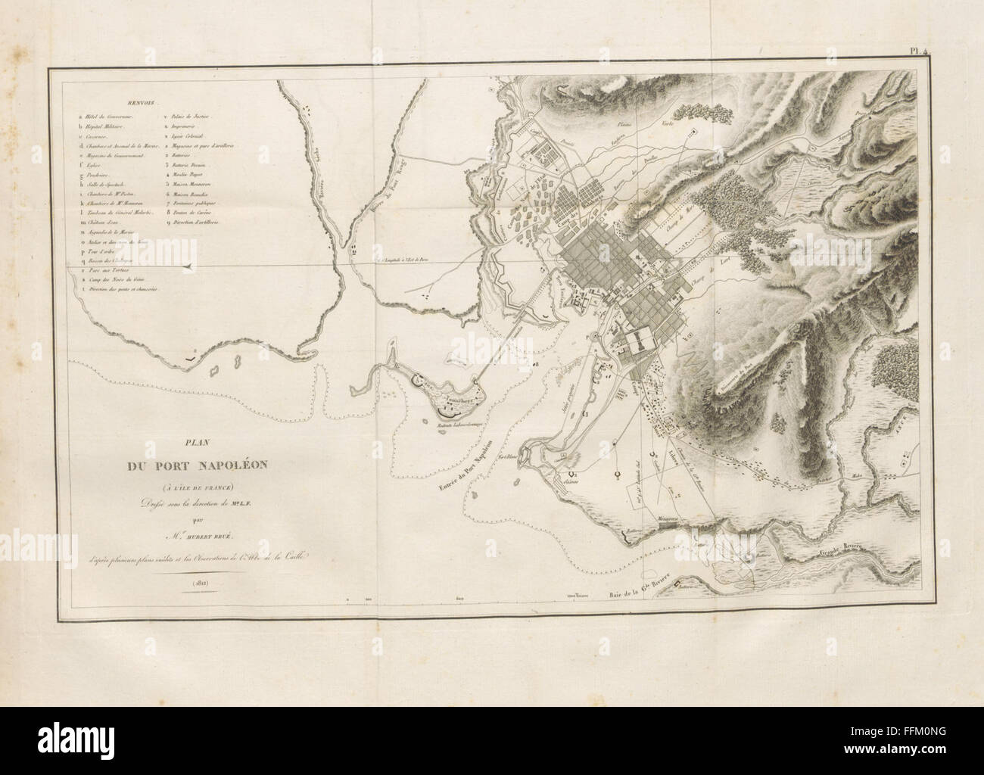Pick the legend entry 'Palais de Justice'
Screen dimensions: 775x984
pyautogui.click(x=189, y=117)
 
